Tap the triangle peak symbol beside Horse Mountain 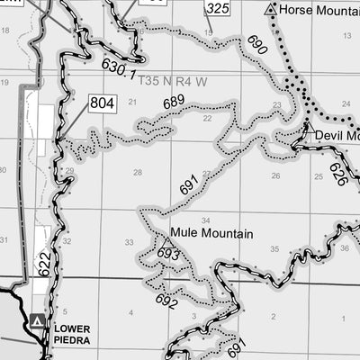(271, 10)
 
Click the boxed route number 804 (103, 103)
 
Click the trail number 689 (174, 102)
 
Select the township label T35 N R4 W (174, 80)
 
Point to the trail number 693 (168, 256)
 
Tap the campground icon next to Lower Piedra (36, 320)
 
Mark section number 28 (138, 173)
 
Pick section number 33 (129, 242)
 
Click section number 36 (344, 247)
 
